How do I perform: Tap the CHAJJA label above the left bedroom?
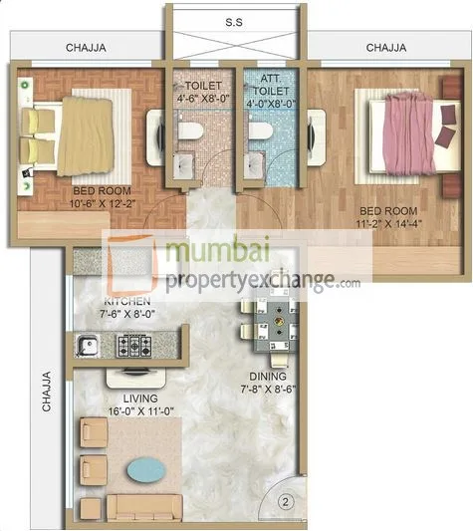point(87,47)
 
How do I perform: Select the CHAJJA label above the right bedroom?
point(385,47)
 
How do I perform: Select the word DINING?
point(269,377)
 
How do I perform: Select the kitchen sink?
point(89,346)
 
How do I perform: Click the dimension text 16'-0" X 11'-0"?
point(127,408)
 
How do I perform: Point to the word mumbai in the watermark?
point(211,254)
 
